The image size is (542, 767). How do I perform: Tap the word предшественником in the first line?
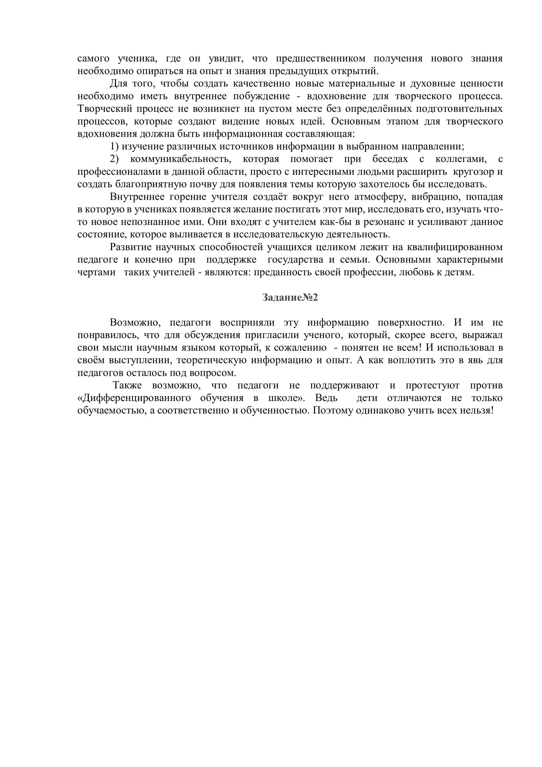pos(320,58)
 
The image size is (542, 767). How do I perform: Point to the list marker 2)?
pos(114,159)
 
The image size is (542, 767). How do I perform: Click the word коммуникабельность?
pos(181,159)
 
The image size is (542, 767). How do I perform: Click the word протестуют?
pos(433,386)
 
